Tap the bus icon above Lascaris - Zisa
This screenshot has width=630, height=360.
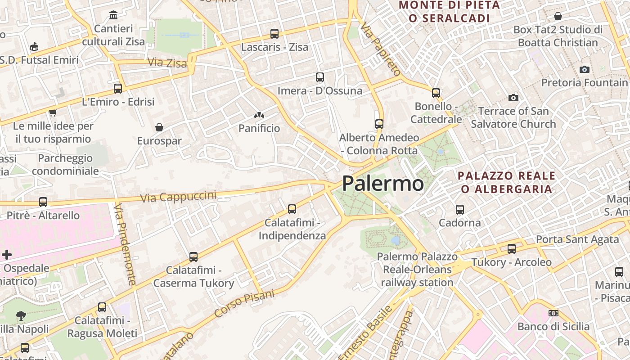pyautogui.click(x=274, y=34)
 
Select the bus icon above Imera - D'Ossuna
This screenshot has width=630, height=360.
pyautogui.click(x=320, y=77)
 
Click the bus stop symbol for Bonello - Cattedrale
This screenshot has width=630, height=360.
pyautogui.click(x=436, y=93)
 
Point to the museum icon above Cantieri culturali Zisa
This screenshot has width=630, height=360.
pyautogui.click(x=113, y=16)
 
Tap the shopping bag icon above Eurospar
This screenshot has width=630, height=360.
pyautogui.click(x=159, y=127)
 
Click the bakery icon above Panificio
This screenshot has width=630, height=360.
pyautogui.click(x=259, y=115)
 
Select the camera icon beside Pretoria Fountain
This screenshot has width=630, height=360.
pyautogui.click(x=585, y=69)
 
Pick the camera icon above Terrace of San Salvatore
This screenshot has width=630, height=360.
pyautogui.click(x=513, y=98)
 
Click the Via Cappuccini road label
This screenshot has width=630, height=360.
pyautogui.click(x=178, y=197)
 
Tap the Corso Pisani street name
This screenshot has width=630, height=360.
pyautogui.click(x=244, y=304)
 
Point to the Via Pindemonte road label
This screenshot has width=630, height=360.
pyautogui.click(x=125, y=244)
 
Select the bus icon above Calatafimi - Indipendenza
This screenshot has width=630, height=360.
pyautogui.click(x=292, y=209)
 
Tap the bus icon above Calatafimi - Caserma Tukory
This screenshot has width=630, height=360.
pyautogui.click(x=193, y=257)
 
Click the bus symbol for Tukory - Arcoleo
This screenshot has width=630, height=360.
pyautogui.click(x=512, y=249)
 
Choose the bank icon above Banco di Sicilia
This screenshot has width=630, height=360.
pyautogui.click(x=553, y=313)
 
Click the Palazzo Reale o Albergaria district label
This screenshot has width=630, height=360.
pyautogui.click(x=507, y=182)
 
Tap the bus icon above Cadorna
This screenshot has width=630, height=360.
pyautogui.click(x=460, y=210)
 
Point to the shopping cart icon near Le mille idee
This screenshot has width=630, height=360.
pyautogui.click(x=53, y=112)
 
